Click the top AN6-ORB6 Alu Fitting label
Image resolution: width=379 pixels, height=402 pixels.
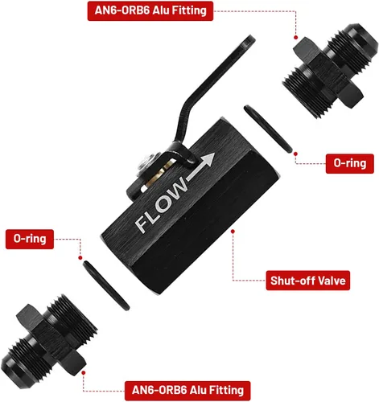click(150, 10)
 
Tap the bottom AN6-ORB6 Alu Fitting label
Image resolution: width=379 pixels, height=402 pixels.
click(187, 390)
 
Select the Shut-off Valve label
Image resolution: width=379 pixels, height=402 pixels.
click(308, 281)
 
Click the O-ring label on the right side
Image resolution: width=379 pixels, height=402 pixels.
click(350, 163)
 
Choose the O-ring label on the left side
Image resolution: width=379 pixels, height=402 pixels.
click(30, 239)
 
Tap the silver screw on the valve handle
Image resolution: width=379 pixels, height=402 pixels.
click(146, 162)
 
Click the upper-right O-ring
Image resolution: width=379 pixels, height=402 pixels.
click(268, 129)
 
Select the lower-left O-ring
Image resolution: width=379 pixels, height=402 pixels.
click(106, 285)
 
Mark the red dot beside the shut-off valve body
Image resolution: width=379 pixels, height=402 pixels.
click(233, 232)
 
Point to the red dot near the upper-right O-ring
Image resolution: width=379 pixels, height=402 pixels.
click(295, 154)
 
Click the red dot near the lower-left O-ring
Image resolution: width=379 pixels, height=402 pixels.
click(80, 258)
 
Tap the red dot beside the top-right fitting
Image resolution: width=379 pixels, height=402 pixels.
click(296, 38)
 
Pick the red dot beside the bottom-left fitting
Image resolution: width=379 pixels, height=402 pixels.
click(84, 373)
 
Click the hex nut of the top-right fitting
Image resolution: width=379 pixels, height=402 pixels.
click(328, 72)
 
